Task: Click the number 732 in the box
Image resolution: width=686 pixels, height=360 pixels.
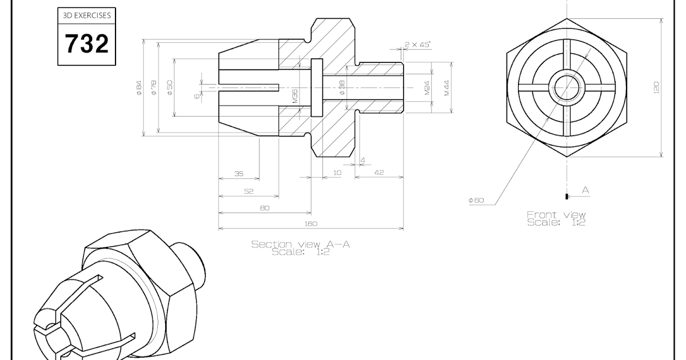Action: pyautogui.click(x=86, y=44)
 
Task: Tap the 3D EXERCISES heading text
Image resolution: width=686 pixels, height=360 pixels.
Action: pyautogui.click(x=86, y=16)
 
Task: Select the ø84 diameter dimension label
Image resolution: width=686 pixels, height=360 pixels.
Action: pyautogui.click(x=139, y=88)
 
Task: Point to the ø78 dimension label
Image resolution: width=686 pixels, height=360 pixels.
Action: pyautogui.click(x=154, y=88)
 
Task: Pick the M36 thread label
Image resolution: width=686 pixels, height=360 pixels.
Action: pyautogui.click(x=295, y=95)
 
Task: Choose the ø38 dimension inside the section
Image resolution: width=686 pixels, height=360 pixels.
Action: pyautogui.click(x=342, y=87)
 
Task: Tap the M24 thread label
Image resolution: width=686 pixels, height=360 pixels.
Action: pyautogui.click(x=427, y=87)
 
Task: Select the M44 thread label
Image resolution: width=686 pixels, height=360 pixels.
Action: pyautogui.click(x=447, y=87)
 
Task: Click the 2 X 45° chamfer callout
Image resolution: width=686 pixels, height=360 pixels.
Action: pyautogui.click(x=417, y=44)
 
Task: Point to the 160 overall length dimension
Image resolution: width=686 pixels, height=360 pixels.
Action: pyautogui.click(x=310, y=223)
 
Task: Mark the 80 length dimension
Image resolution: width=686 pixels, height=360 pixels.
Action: pyautogui.click(x=265, y=208)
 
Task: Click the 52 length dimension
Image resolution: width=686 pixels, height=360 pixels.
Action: pyautogui.click(x=249, y=191)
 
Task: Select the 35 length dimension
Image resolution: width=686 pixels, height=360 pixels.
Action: pyautogui.click(x=239, y=174)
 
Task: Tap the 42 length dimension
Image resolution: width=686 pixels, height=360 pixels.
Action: pyautogui.click(x=378, y=172)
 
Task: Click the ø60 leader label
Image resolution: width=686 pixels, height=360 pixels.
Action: pyautogui.click(x=476, y=201)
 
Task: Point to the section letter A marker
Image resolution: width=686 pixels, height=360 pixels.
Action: pyautogui.click(x=585, y=189)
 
